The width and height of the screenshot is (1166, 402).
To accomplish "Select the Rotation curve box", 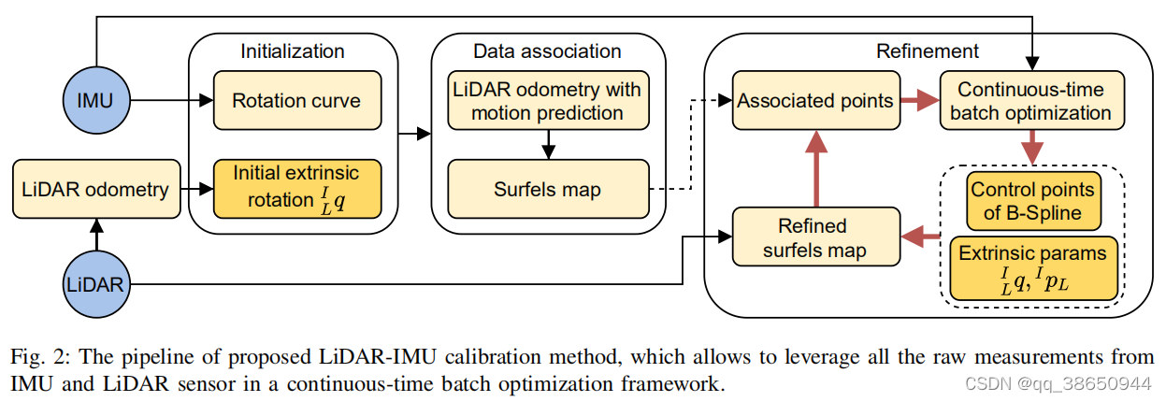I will pyautogui.click(x=296, y=100).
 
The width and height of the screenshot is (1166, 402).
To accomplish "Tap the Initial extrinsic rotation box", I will pyautogui.click(x=296, y=188).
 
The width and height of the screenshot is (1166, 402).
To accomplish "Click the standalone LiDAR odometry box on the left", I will pyautogui.click(x=95, y=190).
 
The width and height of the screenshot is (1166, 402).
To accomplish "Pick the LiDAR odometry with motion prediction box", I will pyautogui.click(x=548, y=101).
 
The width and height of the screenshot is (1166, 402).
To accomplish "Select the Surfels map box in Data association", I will pyautogui.click(x=548, y=190).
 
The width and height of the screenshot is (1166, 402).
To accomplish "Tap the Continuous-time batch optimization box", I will pyautogui.click(x=1031, y=102).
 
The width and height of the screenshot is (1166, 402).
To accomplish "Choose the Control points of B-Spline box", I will pyautogui.click(x=1032, y=201).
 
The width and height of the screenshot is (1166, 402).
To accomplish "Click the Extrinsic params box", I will pyautogui.click(x=1032, y=267).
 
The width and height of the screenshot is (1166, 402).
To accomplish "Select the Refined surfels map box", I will pyautogui.click(x=815, y=237).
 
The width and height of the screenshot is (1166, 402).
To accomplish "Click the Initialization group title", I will pyautogui.click(x=293, y=51).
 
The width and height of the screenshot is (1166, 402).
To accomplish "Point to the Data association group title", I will pyautogui.click(x=547, y=51).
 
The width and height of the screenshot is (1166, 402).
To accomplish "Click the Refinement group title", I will pyautogui.click(x=927, y=51).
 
